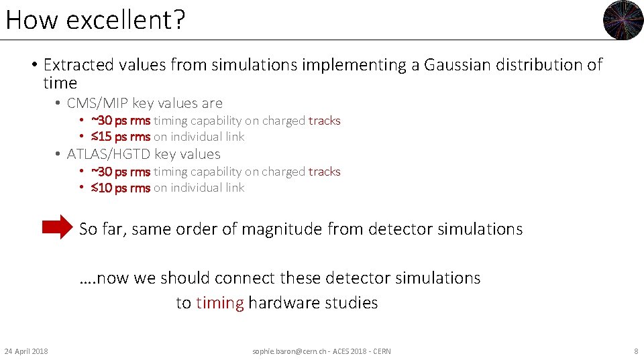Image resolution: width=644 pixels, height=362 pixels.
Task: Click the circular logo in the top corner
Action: pos(623,20)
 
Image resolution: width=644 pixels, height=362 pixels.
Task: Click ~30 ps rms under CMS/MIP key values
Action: pos(121,121)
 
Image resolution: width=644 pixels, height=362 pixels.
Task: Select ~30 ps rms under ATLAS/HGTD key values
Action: pos(121,172)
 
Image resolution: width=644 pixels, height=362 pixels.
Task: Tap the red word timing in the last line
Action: pos(219,303)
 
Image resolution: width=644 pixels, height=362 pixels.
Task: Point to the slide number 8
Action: pos(636,351)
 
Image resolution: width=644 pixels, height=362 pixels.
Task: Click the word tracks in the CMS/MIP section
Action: pos(325,121)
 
